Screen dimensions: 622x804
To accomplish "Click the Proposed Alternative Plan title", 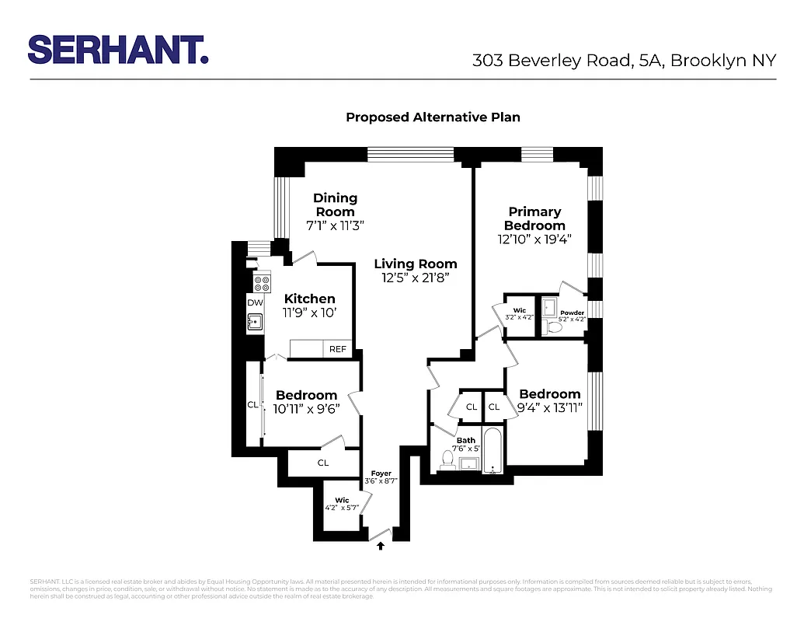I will coord(433,117).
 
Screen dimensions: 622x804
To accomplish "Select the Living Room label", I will coord(416,264).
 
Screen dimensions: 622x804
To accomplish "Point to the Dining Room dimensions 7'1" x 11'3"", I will coord(336,225).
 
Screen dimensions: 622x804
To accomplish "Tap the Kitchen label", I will coord(310,299).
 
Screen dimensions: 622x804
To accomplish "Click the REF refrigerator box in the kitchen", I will coord(338,349).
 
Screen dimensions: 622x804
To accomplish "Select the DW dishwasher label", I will coord(255,302).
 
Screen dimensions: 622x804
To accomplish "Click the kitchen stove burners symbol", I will coord(262,283).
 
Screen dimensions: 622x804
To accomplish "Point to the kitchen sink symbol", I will coord(254,320).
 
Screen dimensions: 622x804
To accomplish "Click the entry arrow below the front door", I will coord(381,547).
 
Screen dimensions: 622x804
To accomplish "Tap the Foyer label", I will coord(381,473).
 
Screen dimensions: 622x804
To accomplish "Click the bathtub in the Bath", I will coord(492,452).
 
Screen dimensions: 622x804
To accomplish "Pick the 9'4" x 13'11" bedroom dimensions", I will coord(550,407).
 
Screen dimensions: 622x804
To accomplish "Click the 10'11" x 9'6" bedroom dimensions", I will coord(306,408).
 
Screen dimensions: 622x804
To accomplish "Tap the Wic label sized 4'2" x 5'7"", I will coord(343,500).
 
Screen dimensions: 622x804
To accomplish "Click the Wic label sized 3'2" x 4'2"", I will coord(519,310).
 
